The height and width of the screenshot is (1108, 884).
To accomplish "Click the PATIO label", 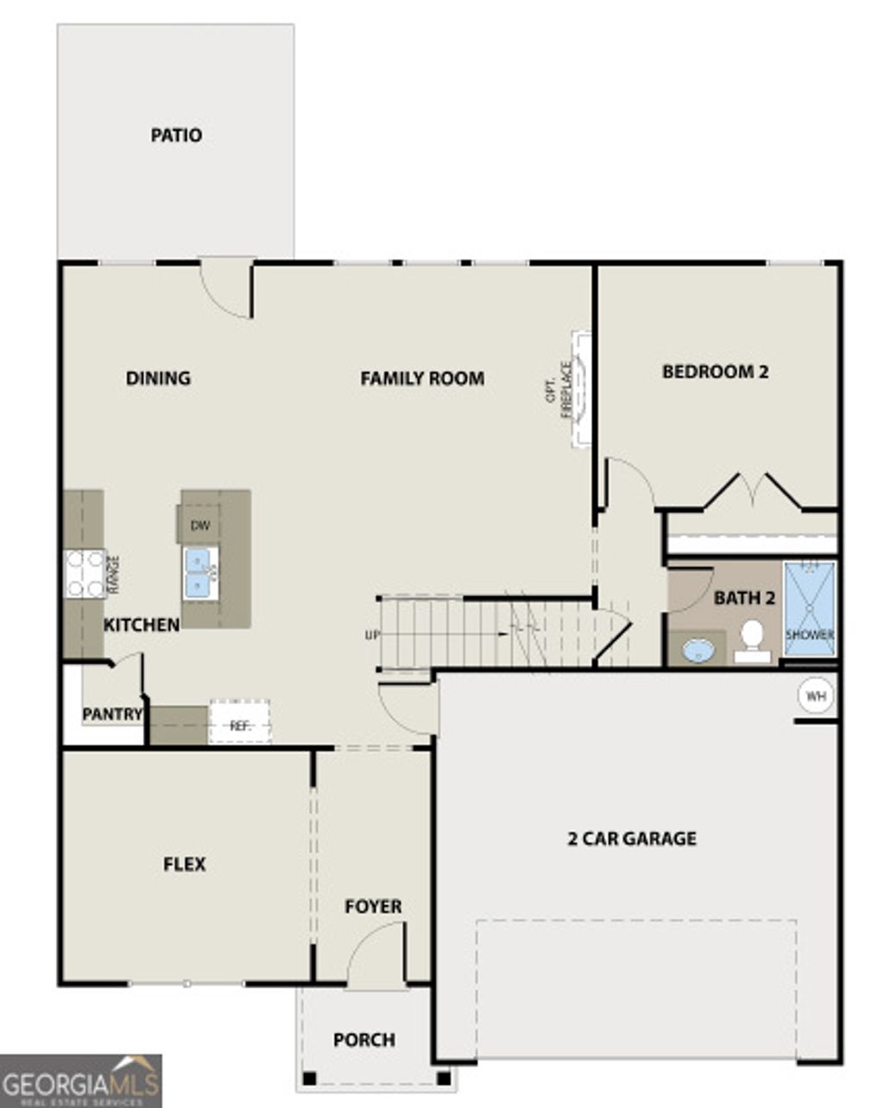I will pos(176,135).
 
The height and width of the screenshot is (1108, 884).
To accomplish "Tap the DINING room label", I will pos(158,378).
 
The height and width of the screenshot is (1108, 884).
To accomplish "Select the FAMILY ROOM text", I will pos(422,378).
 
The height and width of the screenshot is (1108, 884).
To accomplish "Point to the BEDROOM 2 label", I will pos(715,372).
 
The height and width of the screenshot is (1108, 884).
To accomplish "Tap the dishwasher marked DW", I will pos(199,526).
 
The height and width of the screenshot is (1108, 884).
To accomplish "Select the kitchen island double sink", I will pos(200,573).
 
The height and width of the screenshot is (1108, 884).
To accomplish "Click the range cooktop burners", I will pos(85,574).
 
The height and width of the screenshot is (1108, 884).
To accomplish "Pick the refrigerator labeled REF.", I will pos(240,726).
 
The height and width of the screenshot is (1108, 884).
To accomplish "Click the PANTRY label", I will pos(112,715).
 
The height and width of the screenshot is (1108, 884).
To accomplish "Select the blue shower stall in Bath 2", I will pos(810,609).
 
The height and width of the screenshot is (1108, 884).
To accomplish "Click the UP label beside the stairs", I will pos(372,635).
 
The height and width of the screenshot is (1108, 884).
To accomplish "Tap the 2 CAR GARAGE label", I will pos(632,838).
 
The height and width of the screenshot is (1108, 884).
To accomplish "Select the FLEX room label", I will pos(185,864).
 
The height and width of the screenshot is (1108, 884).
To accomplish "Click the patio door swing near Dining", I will pos(226,289).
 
